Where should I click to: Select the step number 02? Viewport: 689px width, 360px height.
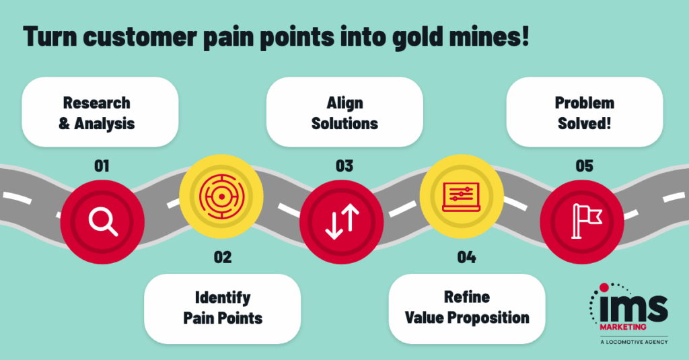point(222,256)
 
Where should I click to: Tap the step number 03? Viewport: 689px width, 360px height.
point(344,166)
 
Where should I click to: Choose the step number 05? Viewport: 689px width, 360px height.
point(584,166)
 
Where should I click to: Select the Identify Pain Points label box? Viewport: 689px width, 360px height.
point(222,307)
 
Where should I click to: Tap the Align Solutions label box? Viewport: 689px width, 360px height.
point(344,112)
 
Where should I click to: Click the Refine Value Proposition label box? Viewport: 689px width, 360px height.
point(466,307)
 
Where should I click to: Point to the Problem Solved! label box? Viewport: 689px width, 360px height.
point(584,112)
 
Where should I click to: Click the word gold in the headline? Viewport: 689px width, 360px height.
point(406,38)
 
